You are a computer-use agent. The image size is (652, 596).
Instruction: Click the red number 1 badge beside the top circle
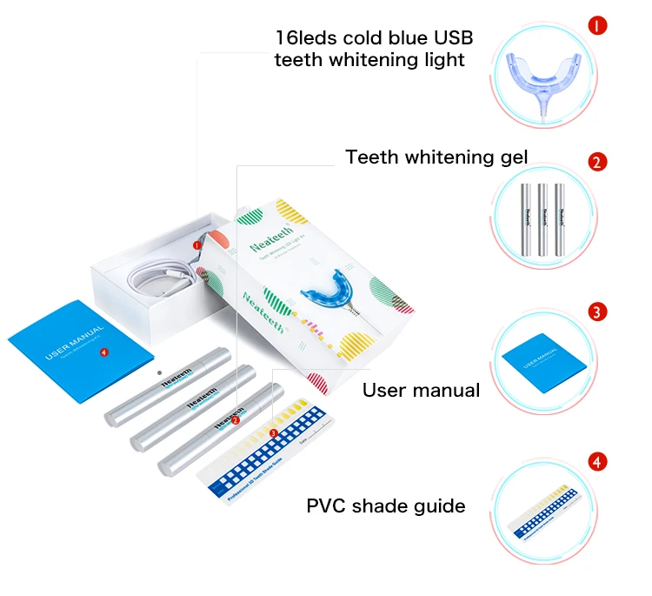tap(597, 25)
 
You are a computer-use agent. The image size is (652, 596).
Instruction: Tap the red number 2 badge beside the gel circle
tap(597, 162)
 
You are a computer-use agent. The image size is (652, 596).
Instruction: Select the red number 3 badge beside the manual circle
tap(597, 311)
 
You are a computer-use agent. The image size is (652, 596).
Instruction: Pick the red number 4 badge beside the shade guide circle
tap(597, 461)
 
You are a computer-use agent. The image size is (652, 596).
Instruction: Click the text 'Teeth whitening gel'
tap(436, 157)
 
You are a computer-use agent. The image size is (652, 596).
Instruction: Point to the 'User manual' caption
tap(421, 391)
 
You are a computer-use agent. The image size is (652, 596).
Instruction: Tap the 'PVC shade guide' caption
tap(385, 506)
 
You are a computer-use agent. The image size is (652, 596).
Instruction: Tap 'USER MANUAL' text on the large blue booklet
tap(76, 343)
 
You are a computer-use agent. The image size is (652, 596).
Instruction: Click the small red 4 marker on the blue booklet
tap(104, 352)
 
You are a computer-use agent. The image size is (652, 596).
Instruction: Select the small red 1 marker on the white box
tap(196, 246)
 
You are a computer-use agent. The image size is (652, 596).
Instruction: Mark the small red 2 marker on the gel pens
tap(236, 420)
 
